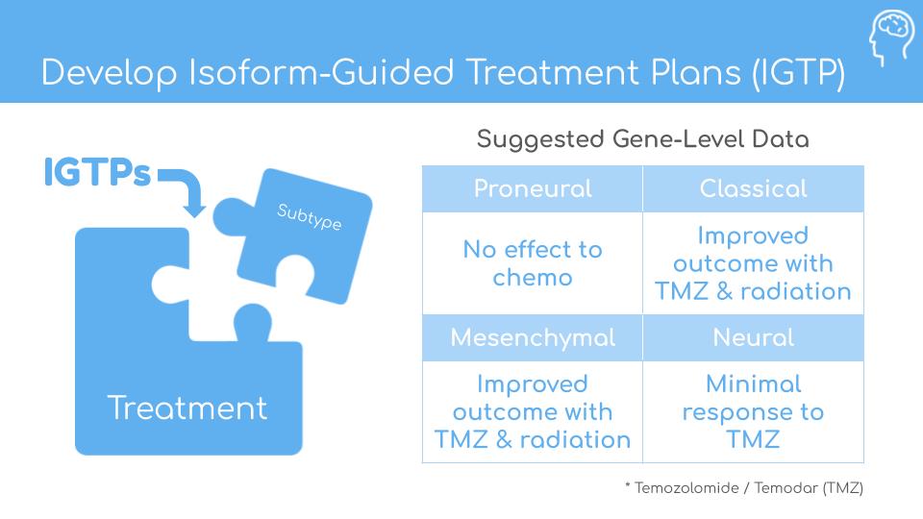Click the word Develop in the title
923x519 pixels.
tap(109, 74)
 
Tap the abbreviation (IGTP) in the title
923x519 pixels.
tap(798, 74)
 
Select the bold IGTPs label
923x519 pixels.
tap(97, 172)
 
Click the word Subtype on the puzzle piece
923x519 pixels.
tap(309, 216)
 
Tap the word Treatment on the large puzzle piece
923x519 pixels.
tap(187, 408)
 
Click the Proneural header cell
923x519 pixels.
tap(532, 189)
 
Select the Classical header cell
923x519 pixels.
tap(754, 189)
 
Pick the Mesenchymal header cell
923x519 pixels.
tap(532, 337)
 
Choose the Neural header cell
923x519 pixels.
tap(754, 337)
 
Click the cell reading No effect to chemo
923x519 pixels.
tap(532, 263)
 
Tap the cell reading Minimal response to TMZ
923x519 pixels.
tap(754, 411)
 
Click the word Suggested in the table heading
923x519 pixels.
tap(540, 140)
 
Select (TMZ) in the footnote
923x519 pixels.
tap(843, 488)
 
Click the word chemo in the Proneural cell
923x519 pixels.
tap(532, 277)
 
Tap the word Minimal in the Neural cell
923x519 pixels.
tap(754, 383)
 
